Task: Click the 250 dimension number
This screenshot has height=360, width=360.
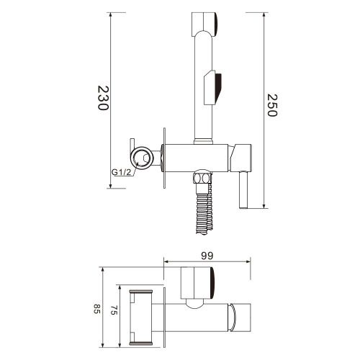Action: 271,107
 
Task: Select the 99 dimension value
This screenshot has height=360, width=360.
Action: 208,255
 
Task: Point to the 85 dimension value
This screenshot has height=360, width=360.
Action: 96,310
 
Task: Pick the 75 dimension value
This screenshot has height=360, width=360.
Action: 113,310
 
